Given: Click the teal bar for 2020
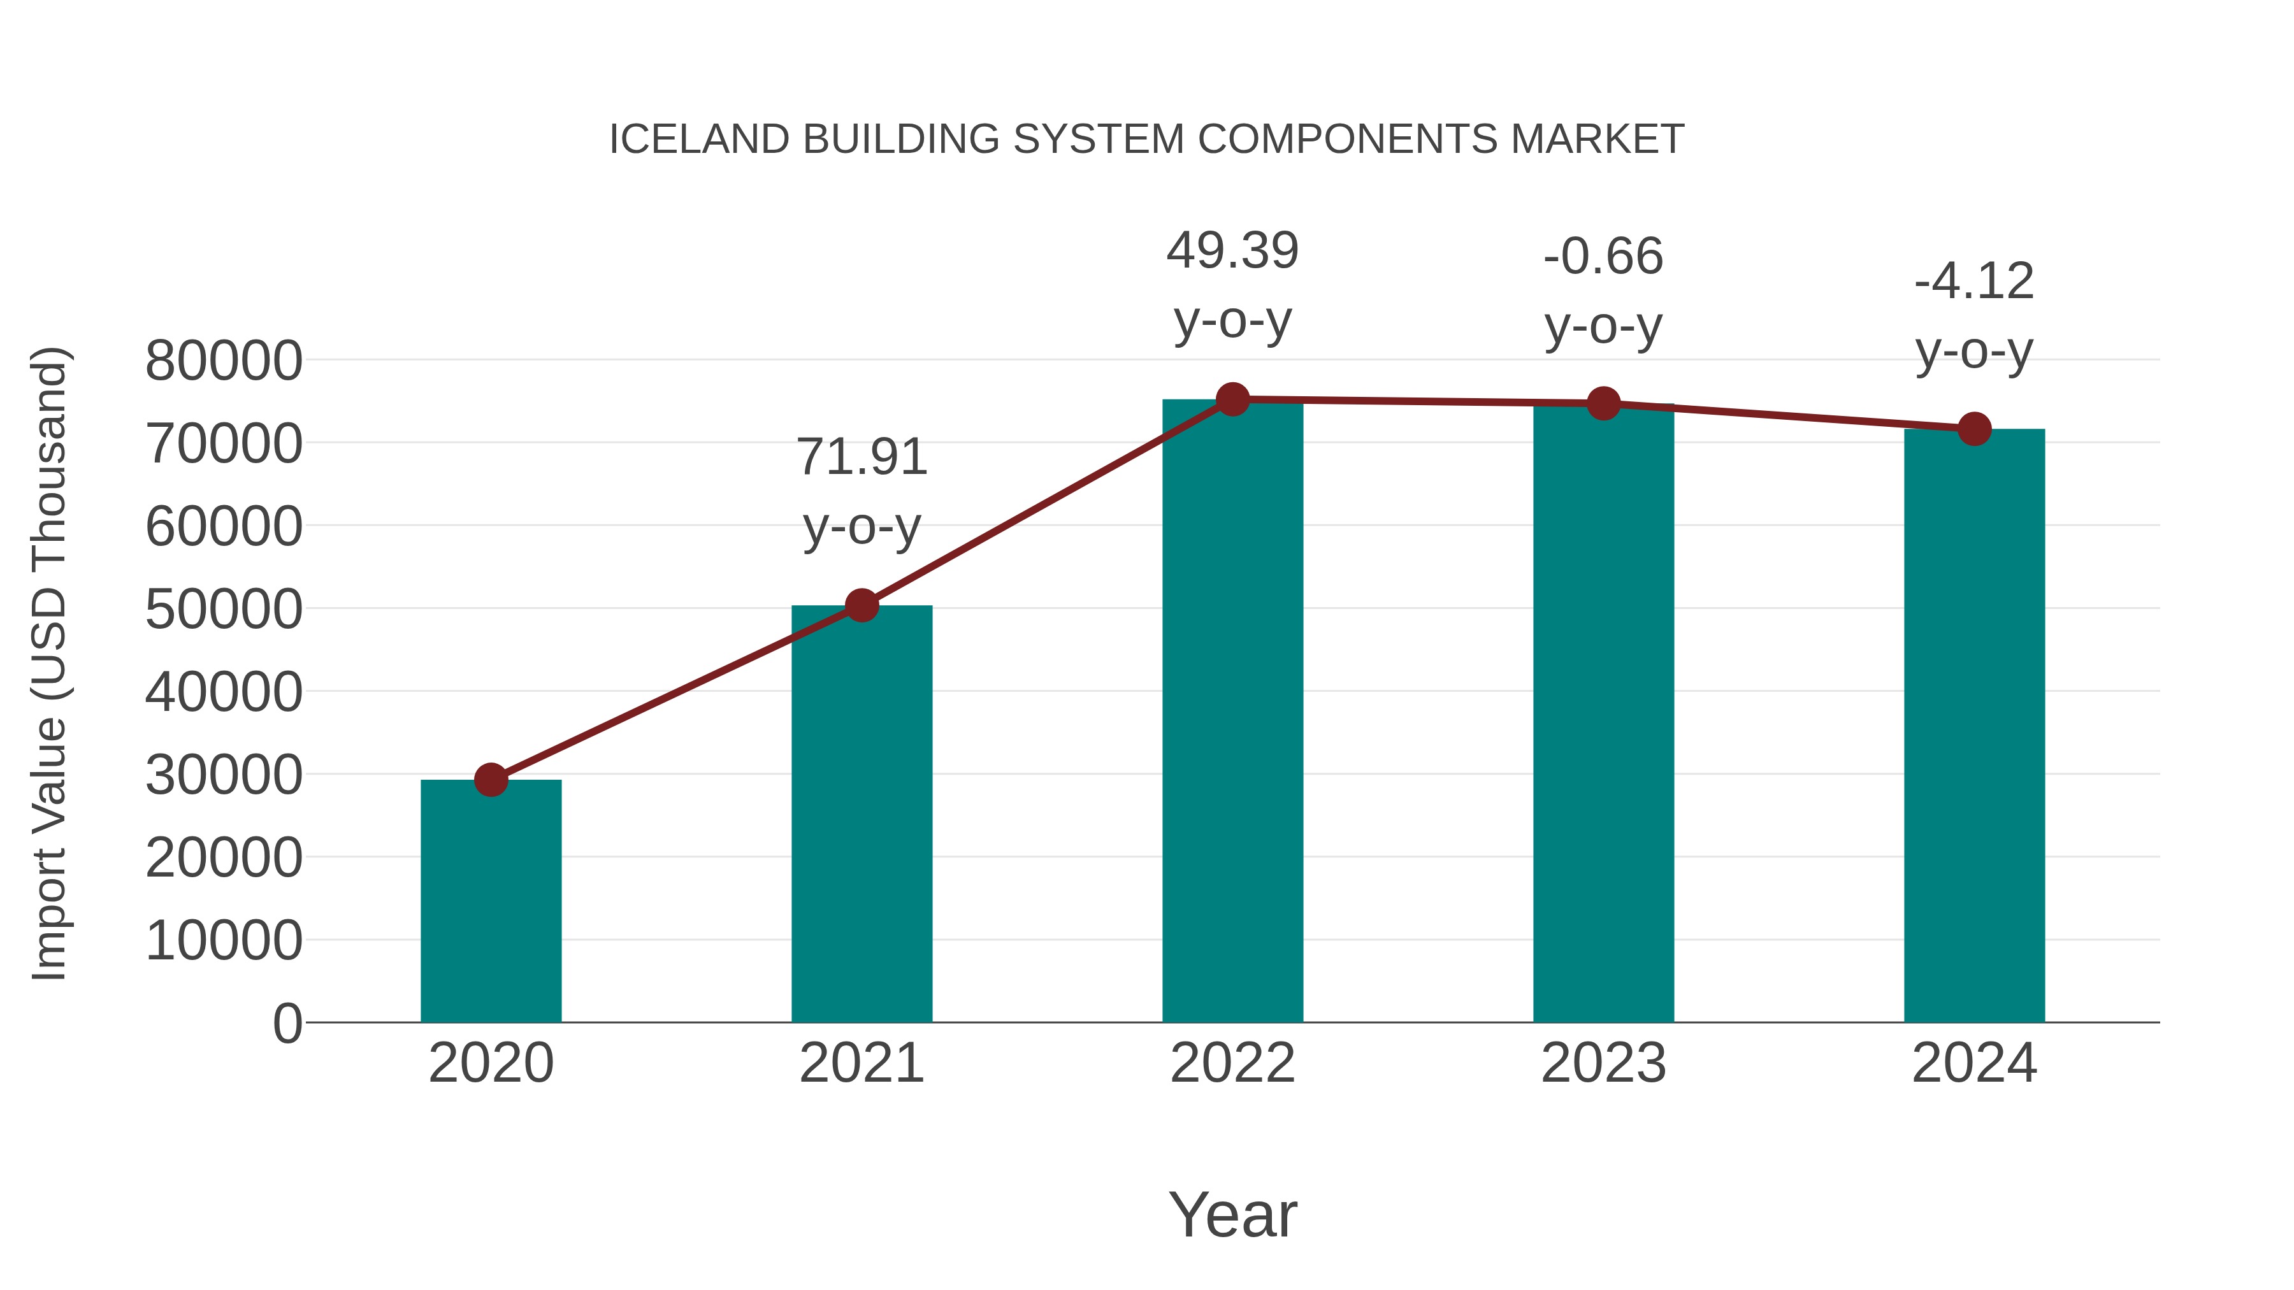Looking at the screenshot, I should (491, 901).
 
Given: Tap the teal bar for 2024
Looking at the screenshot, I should (1973, 726).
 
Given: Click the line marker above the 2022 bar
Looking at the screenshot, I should (1232, 399).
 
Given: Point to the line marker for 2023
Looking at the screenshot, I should (1603, 403).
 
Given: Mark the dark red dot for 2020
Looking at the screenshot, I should (491, 780).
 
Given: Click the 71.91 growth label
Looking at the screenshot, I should (861, 457).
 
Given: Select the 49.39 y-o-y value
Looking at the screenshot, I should (1232, 251).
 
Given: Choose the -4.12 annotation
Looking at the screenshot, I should (1973, 282).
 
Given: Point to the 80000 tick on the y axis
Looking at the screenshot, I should (224, 361).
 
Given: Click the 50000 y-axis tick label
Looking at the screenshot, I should (224, 610).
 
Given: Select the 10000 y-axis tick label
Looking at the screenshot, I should (224, 941).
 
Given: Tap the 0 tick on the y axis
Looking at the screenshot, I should (287, 1023).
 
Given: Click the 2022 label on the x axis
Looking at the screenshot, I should (1232, 1063).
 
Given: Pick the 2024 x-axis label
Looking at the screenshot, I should (1973, 1063).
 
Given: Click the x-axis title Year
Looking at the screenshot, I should (1232, 1214).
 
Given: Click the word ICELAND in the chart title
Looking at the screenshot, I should (699, 140).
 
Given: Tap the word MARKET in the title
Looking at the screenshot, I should (1597, 140).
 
